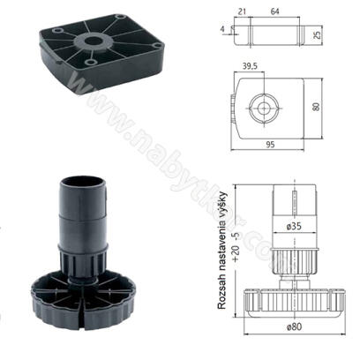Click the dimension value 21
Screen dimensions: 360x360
click(242, 11)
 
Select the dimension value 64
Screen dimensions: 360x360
click(275, 11)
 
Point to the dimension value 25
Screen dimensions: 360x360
click(317, 35)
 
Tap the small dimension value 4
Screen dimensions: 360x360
click(222, 29)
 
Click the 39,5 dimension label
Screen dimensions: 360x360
click(250, 66)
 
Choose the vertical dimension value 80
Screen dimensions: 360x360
click(316, 106)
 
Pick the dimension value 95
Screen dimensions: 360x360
click(270, 145)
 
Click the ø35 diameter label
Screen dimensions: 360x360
click(294, 227)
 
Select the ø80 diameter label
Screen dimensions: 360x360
click(294, 326)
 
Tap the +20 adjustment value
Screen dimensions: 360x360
click(236, 253)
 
